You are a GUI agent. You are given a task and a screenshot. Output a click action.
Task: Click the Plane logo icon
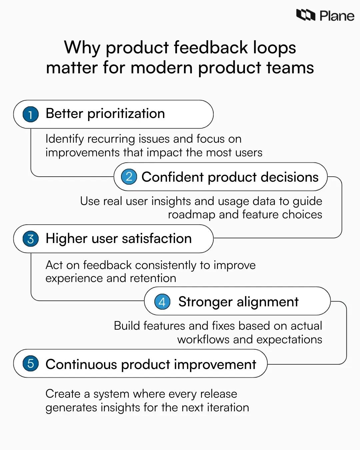pos(306,15)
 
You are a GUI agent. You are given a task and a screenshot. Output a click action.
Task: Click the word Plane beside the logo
pos(337,16)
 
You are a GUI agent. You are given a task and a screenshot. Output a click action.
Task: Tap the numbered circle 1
pos(31,114)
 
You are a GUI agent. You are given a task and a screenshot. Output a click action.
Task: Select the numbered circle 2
pos(129,177)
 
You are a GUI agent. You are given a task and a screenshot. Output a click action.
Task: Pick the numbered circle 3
pos(31,239)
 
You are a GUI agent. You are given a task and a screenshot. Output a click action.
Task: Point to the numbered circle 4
pos(162,302)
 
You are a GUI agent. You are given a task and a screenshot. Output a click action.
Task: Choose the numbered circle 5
pos(31,363)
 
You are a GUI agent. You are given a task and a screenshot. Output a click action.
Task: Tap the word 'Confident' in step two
pos(172,177)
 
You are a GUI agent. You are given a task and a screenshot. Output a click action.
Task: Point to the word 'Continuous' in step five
pos(81,364)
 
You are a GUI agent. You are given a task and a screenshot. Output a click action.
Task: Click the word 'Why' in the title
pos(82,48)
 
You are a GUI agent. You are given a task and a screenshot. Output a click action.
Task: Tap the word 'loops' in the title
pos(274,48)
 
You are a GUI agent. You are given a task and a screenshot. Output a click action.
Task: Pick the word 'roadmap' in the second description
pos(192,215)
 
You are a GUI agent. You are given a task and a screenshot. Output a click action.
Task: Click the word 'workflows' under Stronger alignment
pos(203,340)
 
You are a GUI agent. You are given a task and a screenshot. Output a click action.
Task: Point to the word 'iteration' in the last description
pos(228,408)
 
